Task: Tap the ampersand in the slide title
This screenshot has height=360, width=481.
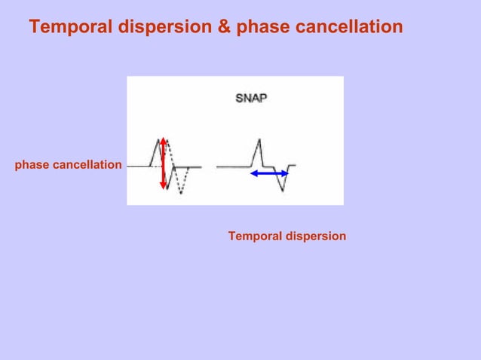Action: point(225,27)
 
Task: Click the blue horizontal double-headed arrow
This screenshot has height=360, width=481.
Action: point(269,173)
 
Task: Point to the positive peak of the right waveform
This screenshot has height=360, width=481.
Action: point(259,140)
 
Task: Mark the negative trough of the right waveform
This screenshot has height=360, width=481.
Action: point(283,190)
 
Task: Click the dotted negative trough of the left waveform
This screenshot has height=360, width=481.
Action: point(180,193)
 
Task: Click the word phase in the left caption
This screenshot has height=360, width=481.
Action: point(30,164)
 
